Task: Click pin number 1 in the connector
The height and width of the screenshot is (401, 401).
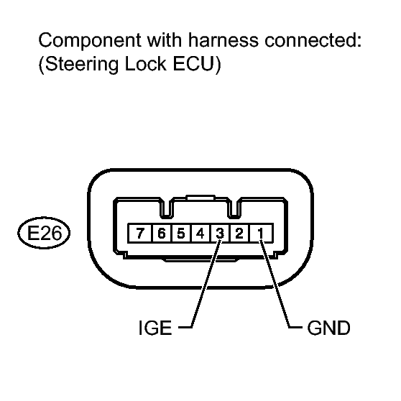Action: tap(263, 234)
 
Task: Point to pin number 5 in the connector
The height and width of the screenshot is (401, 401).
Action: tap(180, 234)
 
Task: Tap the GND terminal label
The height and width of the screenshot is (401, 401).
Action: tap(328, 329)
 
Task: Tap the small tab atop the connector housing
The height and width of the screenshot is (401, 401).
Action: tap(201, 195)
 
